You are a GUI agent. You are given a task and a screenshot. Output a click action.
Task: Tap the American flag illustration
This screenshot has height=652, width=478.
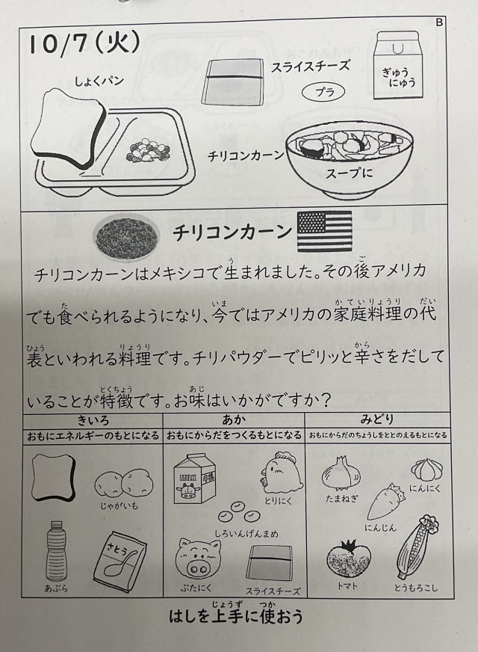point(324,231)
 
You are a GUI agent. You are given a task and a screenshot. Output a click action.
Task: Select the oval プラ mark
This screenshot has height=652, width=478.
point(323,92)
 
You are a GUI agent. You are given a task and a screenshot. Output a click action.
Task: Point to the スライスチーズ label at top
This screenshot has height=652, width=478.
point(310,67)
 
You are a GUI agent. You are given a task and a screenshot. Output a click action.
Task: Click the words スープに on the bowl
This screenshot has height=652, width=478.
point(349,173)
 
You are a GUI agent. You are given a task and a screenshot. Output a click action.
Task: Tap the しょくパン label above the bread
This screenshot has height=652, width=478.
point(99,80)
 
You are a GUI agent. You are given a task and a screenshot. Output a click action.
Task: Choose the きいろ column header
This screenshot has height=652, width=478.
point(93,420)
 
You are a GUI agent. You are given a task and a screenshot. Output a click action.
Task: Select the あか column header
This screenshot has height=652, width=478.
point(234,420)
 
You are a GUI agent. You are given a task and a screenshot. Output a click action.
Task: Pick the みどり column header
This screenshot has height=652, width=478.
point(376,419)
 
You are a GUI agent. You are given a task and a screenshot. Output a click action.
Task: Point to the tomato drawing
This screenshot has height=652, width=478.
point(349,559)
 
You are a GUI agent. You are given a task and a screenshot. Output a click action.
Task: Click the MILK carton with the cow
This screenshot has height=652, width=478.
point(195,479)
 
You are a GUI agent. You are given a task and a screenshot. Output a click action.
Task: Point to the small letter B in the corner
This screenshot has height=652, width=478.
point(439,22)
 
